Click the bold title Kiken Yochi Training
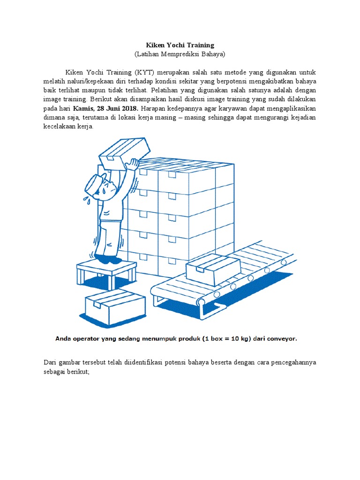coord(180,45)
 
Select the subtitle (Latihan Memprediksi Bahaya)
coord(180,54)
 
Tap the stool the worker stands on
coord(106,272)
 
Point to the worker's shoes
coord(108,258)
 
